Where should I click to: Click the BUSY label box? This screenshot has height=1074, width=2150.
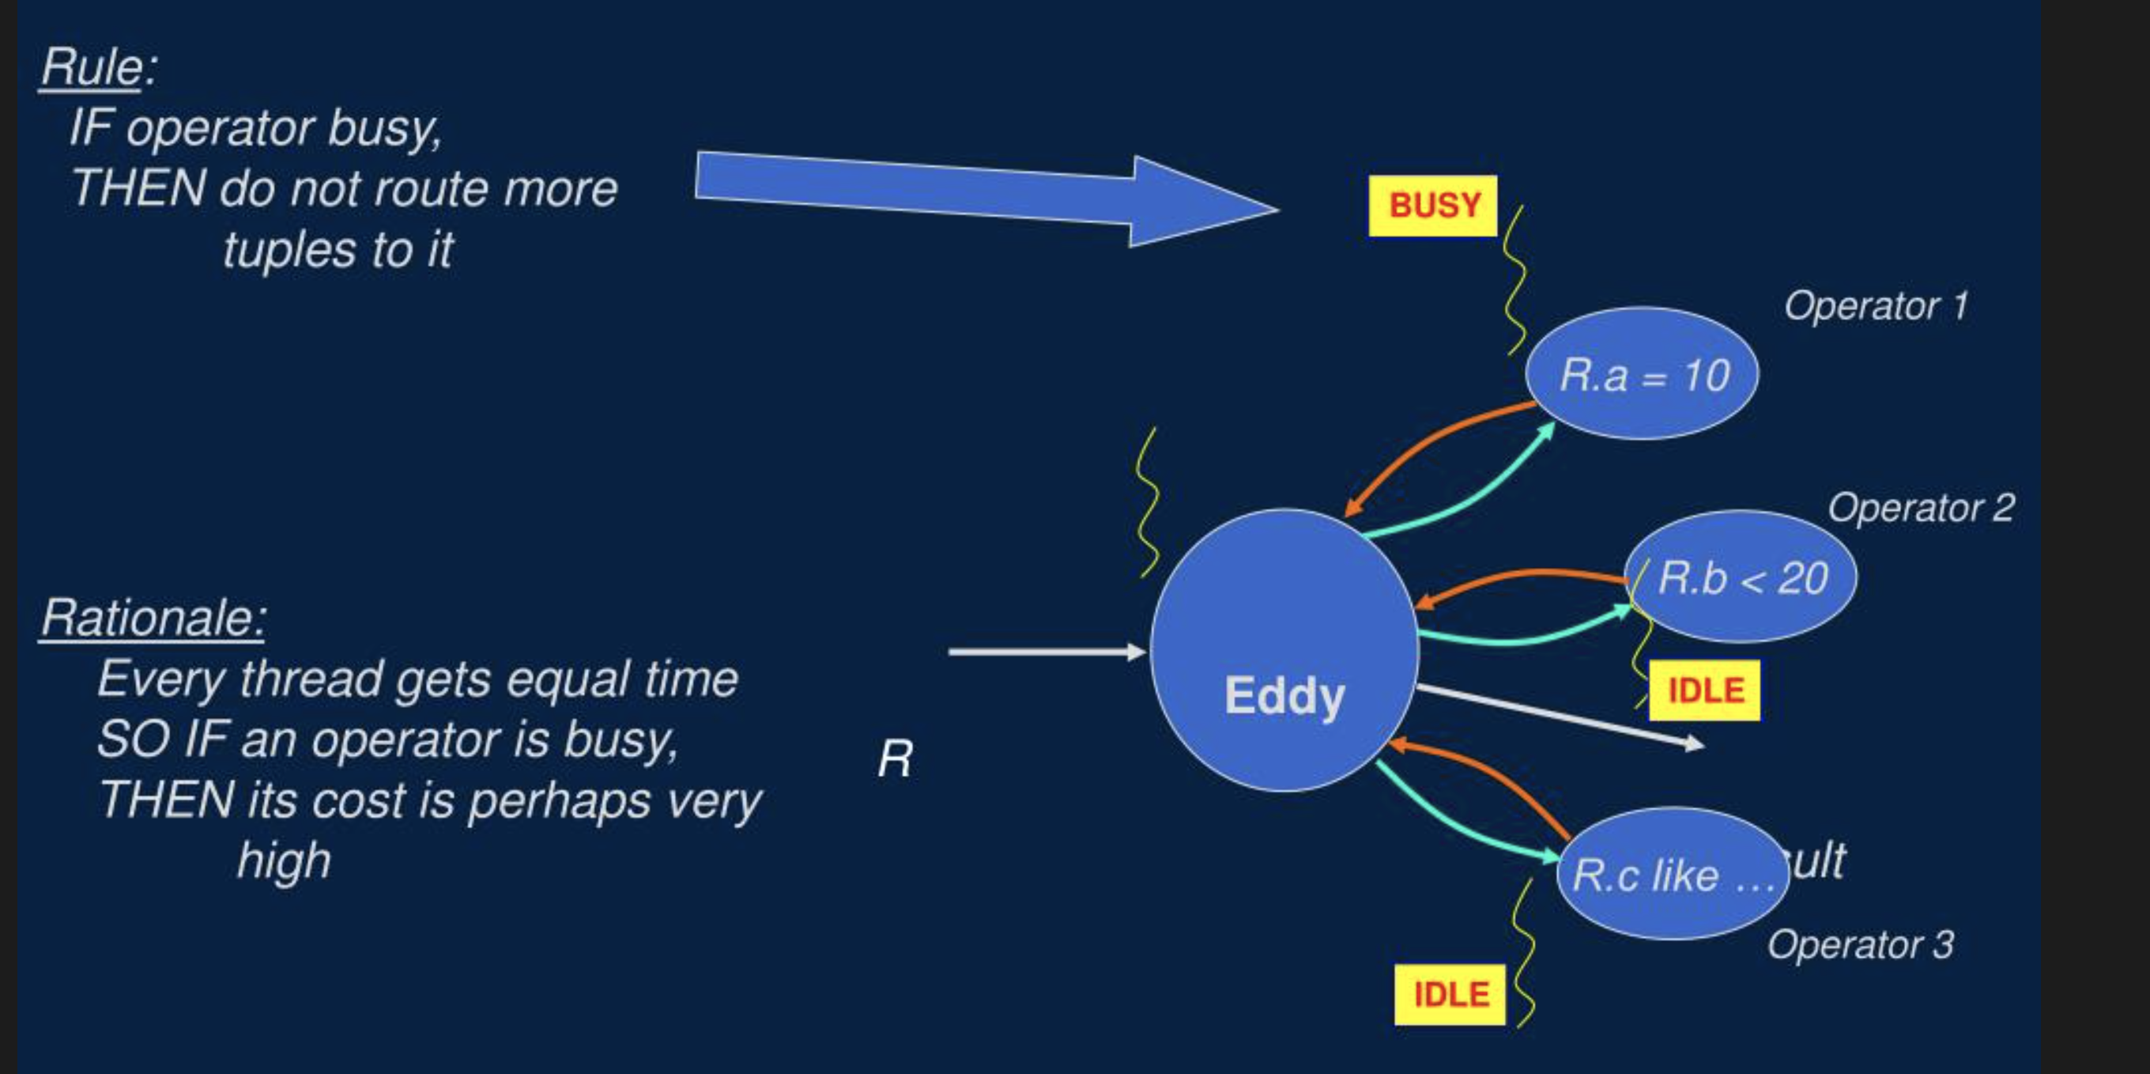coord(1432,206)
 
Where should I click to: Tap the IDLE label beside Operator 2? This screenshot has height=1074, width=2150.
coord(1704,690)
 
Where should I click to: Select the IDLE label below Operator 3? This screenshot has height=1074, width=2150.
coord(1450,995)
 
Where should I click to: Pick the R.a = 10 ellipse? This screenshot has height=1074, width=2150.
coord(1642,373)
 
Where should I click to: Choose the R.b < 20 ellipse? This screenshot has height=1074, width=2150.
coord(1742,577)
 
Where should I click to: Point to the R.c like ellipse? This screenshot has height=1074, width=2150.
coord(1672,875)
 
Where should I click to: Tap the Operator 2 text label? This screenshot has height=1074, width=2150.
coord(1921,508)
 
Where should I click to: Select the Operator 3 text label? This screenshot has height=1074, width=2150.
coord(1860,944)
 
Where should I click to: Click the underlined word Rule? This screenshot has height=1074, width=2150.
coord(91,66)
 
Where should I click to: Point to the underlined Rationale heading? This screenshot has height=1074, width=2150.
coord(153,618)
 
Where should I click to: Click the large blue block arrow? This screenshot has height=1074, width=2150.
coord(985,198)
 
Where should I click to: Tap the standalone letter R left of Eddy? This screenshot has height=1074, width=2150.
coord(895,760)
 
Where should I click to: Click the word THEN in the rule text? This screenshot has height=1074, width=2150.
coord(138,189)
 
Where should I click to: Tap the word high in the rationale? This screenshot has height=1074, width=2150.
coord(284,860)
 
